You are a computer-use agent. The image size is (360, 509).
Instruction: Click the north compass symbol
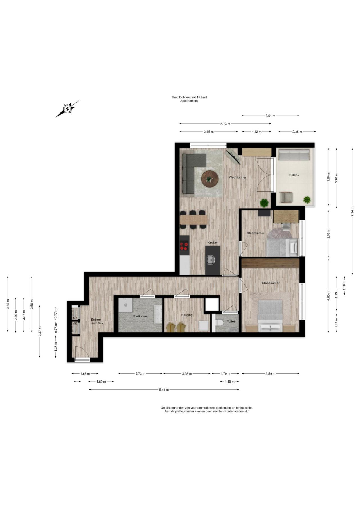pyautogui.click(x=67, y=109)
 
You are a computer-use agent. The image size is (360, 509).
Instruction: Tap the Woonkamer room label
pyautogui.click(x=238, y=177)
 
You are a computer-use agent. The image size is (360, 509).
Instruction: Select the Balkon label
pyautogui.click(x=294, y=175)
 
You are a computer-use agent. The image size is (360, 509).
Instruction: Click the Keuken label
pyautogui.click(x=213, y=242)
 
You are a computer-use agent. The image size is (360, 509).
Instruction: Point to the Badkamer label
pyautogui.click(x=141, y=316)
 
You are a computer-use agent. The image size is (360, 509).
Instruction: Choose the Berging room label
pyautogui.click(x=187, y=315)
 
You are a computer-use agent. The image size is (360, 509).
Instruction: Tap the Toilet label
pyautogui.click(x=231, y=321)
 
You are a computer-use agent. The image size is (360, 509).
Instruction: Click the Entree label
pyautogui.click(x=96, y=319)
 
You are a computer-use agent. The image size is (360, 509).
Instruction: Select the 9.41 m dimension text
pyautogui.click(x=164, y=390)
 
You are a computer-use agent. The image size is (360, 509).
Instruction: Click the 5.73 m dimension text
pyautogui.click(x=225, y=124)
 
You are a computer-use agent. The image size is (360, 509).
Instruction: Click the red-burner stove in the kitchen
pyautogui.click(x=184, y=246)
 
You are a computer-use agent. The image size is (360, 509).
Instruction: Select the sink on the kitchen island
pyautogui.click(x=211, y=260)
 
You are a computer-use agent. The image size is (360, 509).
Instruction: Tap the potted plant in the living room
pyautogui.click(x=264, y=202)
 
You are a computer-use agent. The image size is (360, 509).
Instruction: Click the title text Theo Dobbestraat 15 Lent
pyautogui.click(x=189, y=97)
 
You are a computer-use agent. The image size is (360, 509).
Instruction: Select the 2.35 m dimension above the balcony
pyautogui.click(x=297, y=132)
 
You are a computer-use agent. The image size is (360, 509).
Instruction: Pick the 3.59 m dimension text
pyautogui.click(x=270, y=374)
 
